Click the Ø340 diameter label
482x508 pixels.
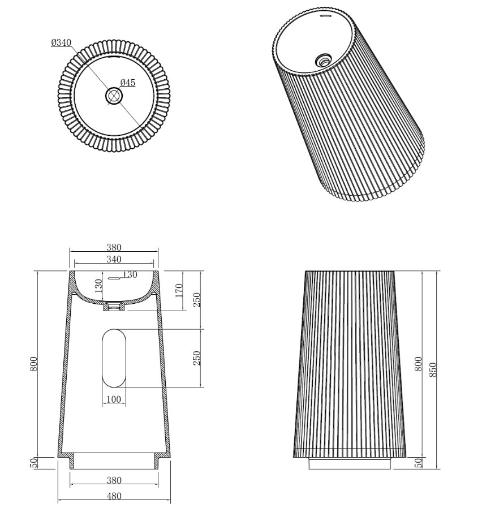tap(61, 42)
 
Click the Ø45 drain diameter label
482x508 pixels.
tap(127, 83)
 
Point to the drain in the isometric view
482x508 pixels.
tap(324, 58)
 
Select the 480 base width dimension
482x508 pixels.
tap(114, 496)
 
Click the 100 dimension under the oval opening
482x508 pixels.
tap(114, 399)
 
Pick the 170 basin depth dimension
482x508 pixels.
tap(179, 291)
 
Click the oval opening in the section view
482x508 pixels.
tap(114, 358)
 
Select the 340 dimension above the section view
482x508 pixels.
tap(114, 259)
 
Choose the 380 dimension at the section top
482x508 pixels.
tap(114, 247)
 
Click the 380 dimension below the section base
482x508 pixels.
tap(114, 480)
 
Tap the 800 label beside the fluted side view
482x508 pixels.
tap(418, 364)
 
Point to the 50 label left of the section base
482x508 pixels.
tap(33, 462)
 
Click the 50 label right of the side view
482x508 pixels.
tap(418, 462)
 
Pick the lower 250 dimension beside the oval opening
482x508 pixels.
tap(197, 358)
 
